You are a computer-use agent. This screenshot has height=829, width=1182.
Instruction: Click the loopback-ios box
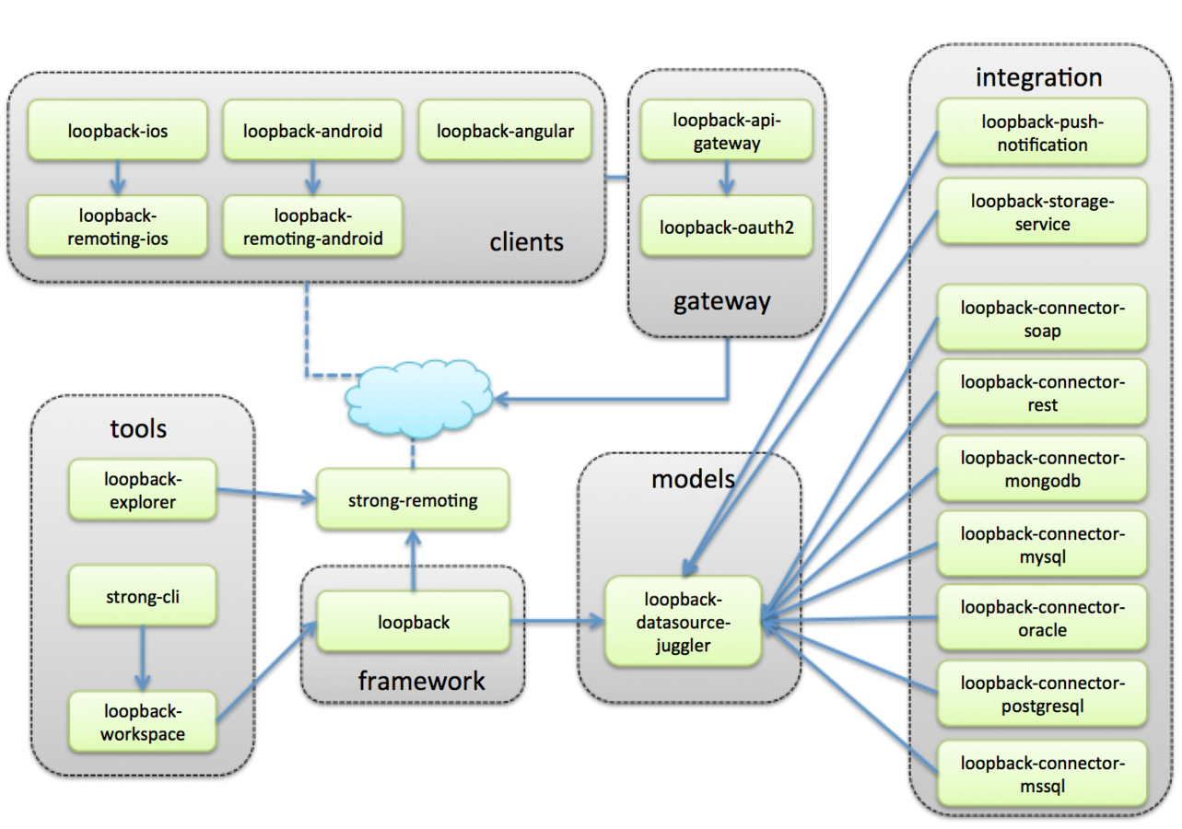[x=117, y=131]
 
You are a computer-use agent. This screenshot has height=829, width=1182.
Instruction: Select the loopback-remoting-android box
[x=312, y=227]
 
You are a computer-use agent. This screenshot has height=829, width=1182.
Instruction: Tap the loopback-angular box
[x=505, y=131]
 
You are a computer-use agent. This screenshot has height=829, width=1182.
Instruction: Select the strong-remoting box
[x=413, y=500]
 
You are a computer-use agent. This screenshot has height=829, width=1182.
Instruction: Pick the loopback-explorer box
[x=143, y=491]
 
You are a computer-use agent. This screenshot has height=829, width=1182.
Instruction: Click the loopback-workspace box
[x=143, y=722]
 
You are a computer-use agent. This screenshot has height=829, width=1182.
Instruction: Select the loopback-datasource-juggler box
[x=683, y=621]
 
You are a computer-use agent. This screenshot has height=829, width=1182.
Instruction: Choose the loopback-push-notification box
[x=1042, y=133]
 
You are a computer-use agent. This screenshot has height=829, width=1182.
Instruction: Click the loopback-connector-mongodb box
[x=1042, y=469]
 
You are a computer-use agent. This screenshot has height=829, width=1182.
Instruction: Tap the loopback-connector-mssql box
[x=1042, y=774]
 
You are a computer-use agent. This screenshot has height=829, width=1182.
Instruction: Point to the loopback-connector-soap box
[x=1042, y=318]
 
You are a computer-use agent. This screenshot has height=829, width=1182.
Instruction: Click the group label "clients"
[x=526, y=243]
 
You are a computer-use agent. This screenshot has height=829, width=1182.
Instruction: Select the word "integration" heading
[x=1038, y=77]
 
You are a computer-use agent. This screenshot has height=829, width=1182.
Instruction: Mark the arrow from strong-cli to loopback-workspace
[x=142, y=659]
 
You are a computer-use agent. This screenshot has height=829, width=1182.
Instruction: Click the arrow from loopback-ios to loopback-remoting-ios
[x=117, y=178]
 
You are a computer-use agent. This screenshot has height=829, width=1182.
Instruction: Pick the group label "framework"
[x=421, y=682]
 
